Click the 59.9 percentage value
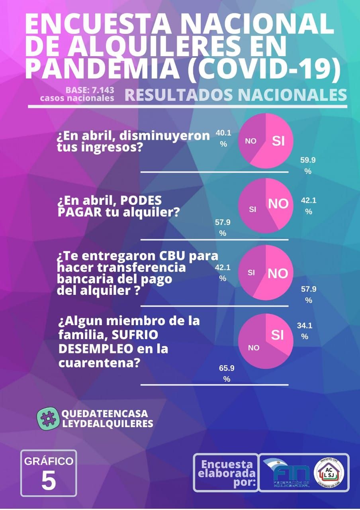point(308,165)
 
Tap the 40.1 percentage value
point(223,138)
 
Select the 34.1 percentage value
point(305,331)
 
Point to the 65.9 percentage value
point(227,373)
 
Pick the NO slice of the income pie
point(250,141)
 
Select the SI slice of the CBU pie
point(251,273)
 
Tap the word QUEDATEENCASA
point(104,414)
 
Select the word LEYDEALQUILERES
point(108,424)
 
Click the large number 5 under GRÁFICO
point(49,481)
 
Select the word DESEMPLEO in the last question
point(96,349)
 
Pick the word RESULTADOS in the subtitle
point(178,95)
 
